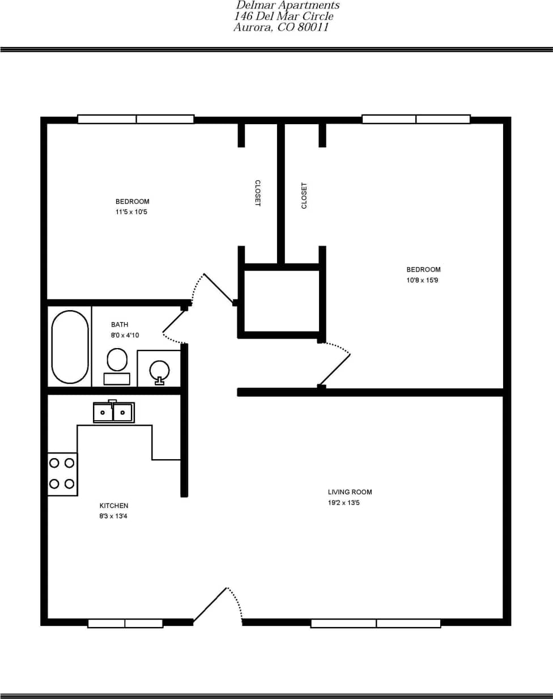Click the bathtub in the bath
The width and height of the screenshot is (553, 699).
click(70, 347)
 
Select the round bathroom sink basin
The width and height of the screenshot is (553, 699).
click(159, 370)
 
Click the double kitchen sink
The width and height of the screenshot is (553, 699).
click(113, 412)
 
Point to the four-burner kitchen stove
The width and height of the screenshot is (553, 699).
click(62, 473)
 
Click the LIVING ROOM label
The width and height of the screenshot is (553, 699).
click(350, 492)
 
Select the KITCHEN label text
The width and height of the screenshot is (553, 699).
click(114, 506)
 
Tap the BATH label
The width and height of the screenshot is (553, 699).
click(120, 325)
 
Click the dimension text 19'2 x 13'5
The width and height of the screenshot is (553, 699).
click(343, 503)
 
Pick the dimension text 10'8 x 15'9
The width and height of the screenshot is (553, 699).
click(422, 280)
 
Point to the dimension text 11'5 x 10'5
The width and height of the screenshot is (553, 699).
click(131, 212)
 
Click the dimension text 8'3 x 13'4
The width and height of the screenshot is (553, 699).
click(113, 516)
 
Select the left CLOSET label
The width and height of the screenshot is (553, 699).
click(257, 193)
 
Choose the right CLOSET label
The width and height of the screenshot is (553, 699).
click(304, 196)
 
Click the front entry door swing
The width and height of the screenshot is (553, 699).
click(218, 605)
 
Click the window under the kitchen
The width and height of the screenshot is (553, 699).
click(125, 624)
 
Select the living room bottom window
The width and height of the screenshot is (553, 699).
click(376, 624)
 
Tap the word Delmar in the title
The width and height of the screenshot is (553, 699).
click(257, 5)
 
